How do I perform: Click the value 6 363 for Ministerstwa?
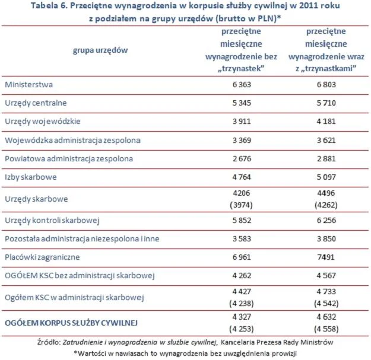tap(234, 85)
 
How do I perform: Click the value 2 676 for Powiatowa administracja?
tap(234, 158)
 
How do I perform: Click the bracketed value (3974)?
tap(234, 205)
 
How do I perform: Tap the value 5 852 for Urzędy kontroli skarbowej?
tap(234, 221)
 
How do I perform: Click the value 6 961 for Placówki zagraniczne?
tap(234, 258)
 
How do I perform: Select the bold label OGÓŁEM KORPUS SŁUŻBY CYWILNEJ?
tap(71, 323)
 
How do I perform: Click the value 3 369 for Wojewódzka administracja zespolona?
tap(234, 140)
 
